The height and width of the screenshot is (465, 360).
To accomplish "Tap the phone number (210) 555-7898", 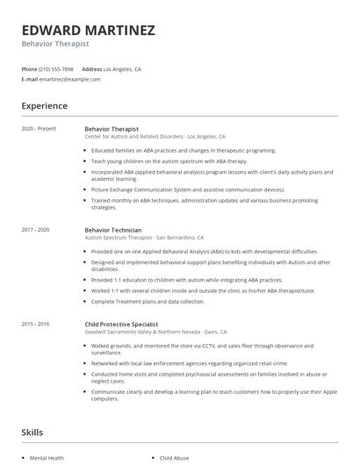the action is point(58,68).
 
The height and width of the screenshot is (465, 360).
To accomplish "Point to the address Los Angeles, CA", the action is point(122,68).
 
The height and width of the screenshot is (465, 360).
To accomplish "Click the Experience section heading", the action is point(45,106).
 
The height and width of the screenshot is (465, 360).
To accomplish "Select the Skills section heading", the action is point(32,433).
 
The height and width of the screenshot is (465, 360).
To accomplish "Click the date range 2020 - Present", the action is point(39,129).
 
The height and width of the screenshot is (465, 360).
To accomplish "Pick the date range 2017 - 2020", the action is point(36,230).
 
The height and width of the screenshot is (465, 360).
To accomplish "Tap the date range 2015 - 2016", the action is point(36,324).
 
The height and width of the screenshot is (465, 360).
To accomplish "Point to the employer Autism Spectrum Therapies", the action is point(119,238).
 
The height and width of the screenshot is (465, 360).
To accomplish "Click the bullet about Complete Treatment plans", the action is point(148,302).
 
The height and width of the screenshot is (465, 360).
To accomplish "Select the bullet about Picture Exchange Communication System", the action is point(188,190).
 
